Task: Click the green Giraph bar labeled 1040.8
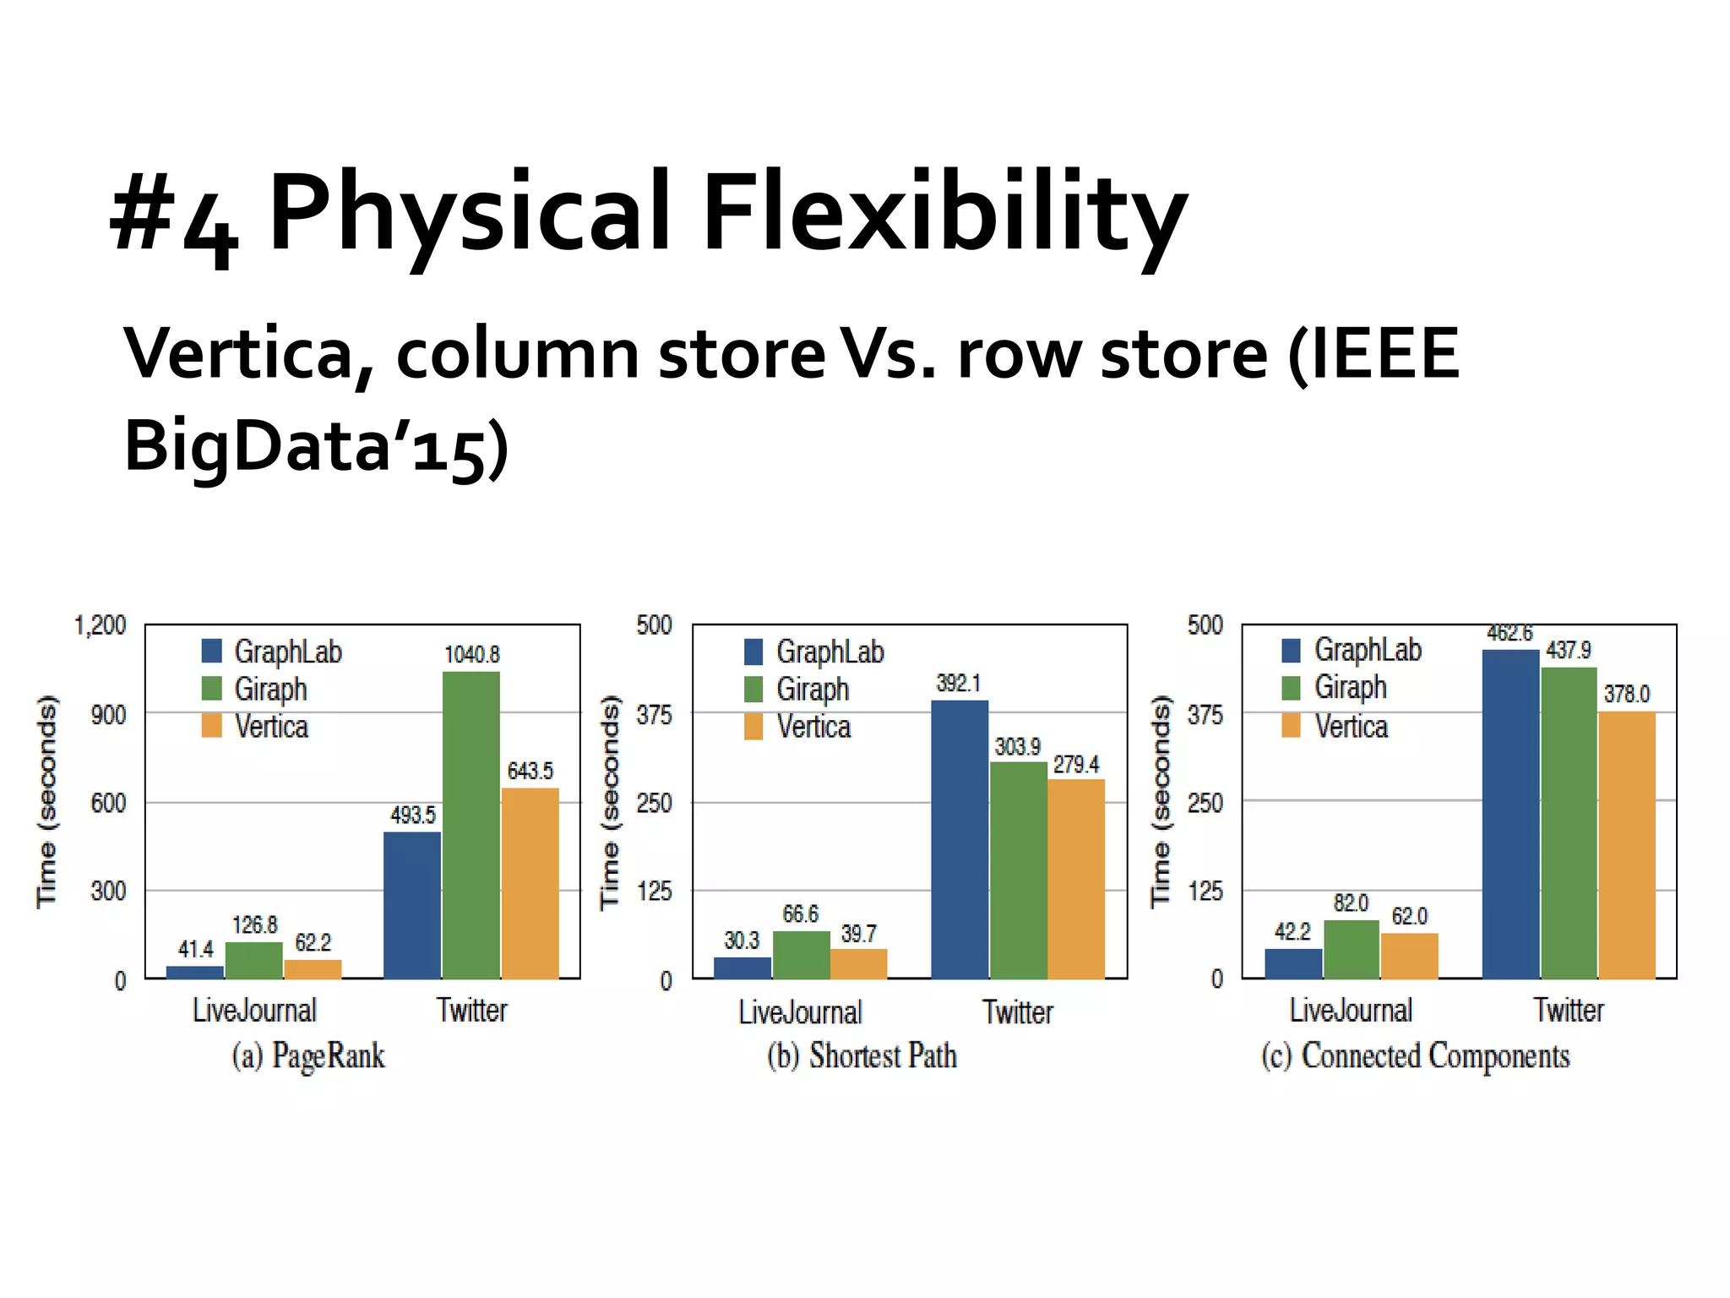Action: (471, 825)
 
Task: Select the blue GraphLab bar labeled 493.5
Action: (412, 905)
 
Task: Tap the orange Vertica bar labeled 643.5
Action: (530, 883)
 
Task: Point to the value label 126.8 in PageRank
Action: (254, 924)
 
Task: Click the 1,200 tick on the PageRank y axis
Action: (100, 625)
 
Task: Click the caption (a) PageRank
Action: (308, 1056)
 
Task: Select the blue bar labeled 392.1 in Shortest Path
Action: (960, 839)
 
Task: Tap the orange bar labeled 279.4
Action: (1076, 879)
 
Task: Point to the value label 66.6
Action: (800, 914)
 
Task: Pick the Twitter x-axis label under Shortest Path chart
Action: (1018, 1012)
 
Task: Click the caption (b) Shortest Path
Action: (862, 1056)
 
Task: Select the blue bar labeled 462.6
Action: (1510, 814)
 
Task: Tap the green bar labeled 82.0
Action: (1352, 949)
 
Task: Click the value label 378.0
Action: (1626, 694)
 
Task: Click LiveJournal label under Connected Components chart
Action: (1351, 1010)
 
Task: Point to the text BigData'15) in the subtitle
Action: (317, 446)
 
